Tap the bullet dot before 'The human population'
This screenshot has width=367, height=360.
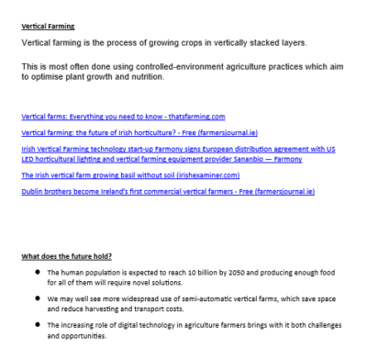point(35,273)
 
